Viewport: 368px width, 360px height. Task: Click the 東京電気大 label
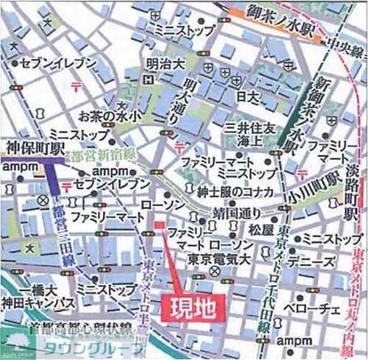213,258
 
